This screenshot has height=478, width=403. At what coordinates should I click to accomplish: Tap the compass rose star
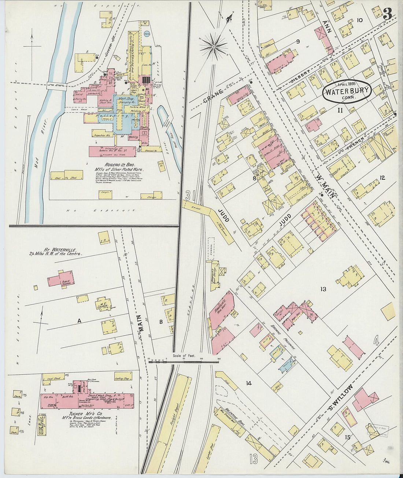pyautogui.click(x=213, y=47)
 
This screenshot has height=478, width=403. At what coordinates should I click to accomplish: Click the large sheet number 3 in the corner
pyautogui.click(x=388, y=14)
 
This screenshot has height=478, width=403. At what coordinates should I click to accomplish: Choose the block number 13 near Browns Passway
pyautogui.click(x=323, y=289)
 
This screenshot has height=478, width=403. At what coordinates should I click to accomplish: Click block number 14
pyautogui.click(x=249, y=383)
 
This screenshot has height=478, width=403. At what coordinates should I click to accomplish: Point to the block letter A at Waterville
pyautogui.click(x=79, y=321)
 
